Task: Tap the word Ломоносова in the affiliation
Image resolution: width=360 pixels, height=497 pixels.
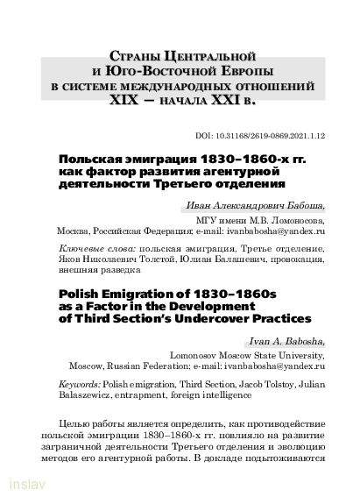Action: click(294, 222)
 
